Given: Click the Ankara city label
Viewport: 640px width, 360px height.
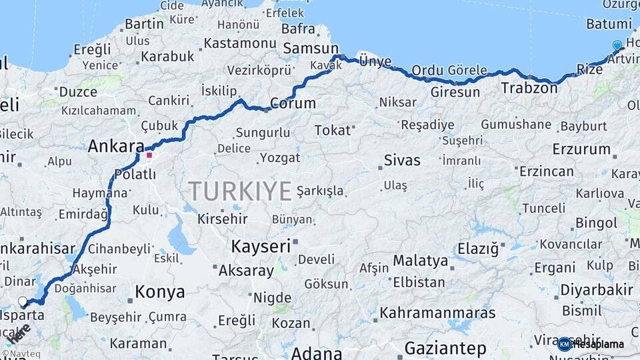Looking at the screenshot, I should click(x=116, y=147).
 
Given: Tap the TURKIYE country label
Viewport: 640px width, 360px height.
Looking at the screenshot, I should click(x=239, y=191).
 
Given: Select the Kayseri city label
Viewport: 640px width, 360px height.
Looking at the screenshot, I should click(x=261, y=246).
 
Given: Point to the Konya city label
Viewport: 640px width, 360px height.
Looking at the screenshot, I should click(x=159, y=291).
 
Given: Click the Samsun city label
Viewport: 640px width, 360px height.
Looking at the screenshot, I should click(x=311, y=48).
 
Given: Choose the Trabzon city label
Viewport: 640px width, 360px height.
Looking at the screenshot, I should click(x=529, y=87).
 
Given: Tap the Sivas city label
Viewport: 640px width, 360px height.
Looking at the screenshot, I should click(x=402, y=160).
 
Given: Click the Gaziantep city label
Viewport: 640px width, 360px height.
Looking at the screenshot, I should click(x=446, y=348).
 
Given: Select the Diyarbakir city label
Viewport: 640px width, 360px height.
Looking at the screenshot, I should click(x=596, y=290).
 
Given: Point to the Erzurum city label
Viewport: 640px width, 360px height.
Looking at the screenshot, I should click(x=581, y=149).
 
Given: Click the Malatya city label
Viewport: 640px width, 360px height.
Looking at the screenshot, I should click(x=420, y=260).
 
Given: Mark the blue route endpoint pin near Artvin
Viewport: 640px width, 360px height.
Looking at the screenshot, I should click(x=617, y=45).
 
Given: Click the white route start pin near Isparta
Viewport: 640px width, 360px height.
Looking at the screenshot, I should click(x=23, y=301).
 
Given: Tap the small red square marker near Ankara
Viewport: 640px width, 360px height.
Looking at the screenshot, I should click(x=149, y=155).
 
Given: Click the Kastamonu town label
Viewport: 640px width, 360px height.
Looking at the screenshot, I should click(x=239, y=43).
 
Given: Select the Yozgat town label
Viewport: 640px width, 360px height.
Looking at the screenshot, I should click(x=279, y=158).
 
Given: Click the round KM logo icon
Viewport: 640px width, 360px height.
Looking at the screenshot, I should click(x=564, y=344).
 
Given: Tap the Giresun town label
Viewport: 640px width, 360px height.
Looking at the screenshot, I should click(x=455, y=92).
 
